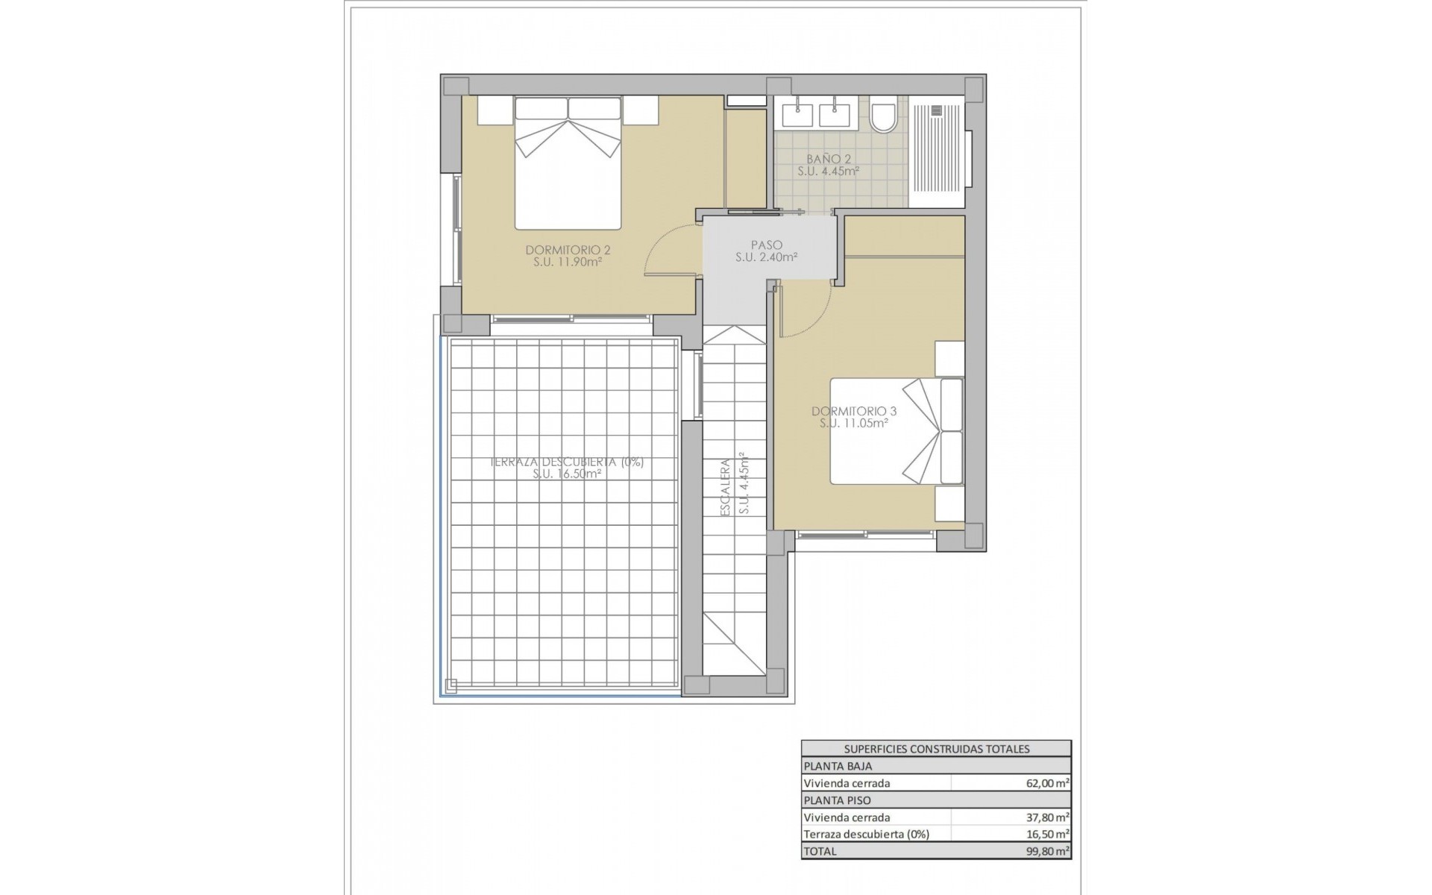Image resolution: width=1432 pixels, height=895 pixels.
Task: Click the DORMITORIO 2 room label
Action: (x=568, y=251)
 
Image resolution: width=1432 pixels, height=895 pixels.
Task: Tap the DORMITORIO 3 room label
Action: (x=854, y=411)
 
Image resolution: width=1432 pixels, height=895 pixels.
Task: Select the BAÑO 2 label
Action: (x=828, y=159)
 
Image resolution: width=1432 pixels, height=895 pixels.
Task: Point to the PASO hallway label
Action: (x=767, y=245)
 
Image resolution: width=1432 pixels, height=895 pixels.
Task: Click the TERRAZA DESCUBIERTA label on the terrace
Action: (x=568, y=462)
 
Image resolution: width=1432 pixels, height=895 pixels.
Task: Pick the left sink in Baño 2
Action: (x=797, y=114)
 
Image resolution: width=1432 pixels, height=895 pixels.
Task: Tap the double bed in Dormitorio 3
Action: (x=895, y=431)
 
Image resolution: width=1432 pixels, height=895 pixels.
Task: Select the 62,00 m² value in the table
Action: (x=1047, y=783)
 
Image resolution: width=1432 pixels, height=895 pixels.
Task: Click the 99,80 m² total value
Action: (x=1047, y=851)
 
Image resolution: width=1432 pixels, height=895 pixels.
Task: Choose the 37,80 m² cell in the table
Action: (x=1047, y=817)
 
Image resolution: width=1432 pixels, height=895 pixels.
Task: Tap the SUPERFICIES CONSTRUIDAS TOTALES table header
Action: (x=936, y=749)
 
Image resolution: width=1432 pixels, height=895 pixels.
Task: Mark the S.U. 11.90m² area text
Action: (x=568, y=263)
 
